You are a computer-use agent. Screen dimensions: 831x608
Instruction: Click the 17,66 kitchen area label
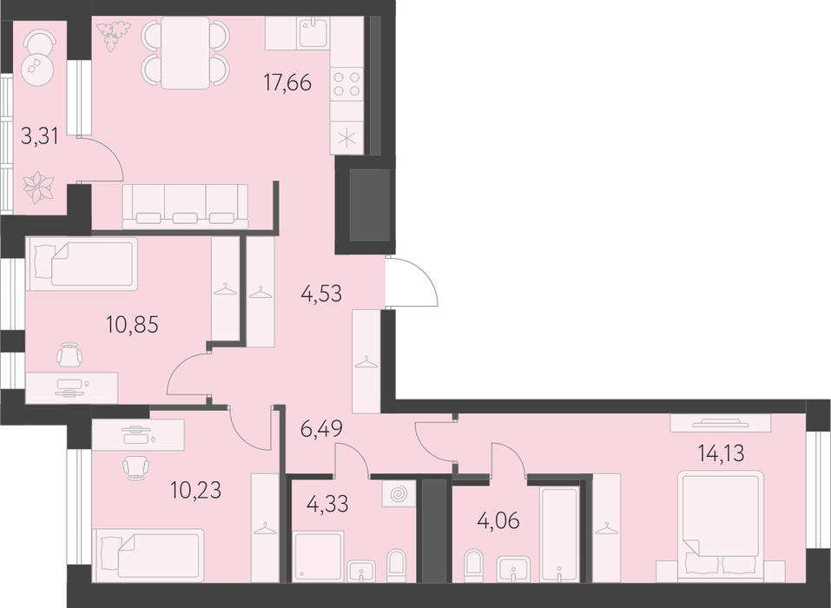tap(287, 83)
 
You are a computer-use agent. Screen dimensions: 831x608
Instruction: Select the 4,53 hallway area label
tap(321, 293)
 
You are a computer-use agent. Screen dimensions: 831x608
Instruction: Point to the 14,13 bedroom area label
tap(721, 453)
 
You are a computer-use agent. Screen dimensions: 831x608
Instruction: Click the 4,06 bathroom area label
tap(498, 520)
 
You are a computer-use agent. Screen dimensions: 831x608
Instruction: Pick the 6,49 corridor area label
tap(321, 428)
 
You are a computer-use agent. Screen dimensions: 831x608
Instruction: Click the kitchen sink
tap(315, 32)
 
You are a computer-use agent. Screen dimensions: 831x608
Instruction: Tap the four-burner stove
tap(347, 84)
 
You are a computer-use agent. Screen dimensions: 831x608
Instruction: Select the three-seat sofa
tap(186, 206)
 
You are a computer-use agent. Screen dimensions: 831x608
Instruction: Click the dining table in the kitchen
tap(186, 52)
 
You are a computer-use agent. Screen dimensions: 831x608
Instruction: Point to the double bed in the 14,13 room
tap(722, 525)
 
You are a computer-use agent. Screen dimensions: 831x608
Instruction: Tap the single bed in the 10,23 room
tap(148, 554)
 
